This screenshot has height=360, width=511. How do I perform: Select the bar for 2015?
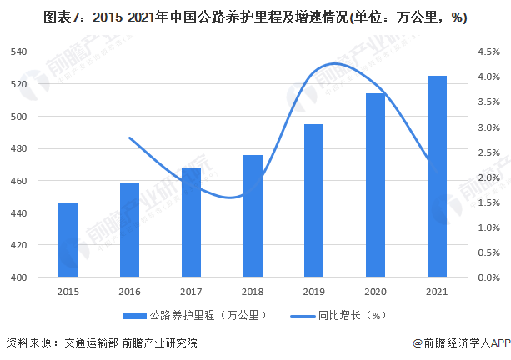[68, 239]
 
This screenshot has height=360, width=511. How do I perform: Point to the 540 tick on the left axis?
[19, 52]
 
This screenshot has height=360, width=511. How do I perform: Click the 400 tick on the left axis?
[19, 277]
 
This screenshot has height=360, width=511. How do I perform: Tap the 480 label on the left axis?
[19, 149]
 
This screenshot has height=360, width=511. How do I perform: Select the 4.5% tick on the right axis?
[489, 52]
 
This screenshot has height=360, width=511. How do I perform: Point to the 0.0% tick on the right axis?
[489, 277]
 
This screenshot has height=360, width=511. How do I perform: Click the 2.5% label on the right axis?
[489, 152]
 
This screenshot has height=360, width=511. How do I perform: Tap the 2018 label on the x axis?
[253, 291]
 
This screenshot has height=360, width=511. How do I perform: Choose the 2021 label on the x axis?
[437, 291]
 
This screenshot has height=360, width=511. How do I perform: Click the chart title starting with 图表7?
[255, 17]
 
